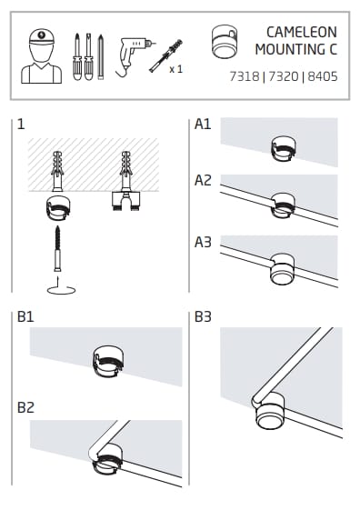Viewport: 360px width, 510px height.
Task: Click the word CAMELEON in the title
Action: pyautogui.click(x=302, y=32)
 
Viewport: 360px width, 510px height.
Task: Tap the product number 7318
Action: pyautogui.click(x=245, y=76)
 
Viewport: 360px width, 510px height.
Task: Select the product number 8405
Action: pyautogui.click(x=323, y=76)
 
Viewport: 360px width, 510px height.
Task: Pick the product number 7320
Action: pyautogui.click(x=284, y=76)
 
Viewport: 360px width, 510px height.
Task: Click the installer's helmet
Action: pyautogui.click(x=42, y=36)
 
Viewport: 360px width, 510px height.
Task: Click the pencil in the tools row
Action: pyautogui.click(x=101, y=56)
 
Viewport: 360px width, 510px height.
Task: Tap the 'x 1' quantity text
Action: pyautogui.click(x=176, y=69)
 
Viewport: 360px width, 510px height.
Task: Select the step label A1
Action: pyautogui.click(x=203, y=124)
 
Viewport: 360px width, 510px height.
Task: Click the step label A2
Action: pyautogui.click(x=203, y=180)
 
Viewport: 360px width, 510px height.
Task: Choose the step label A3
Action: pyautogui.click(x=203, y=242)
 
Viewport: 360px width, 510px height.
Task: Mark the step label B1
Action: pyautogui.click(x=25, y=316)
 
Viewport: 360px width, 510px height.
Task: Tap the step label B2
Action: pyautogui.click(x=25, y=407)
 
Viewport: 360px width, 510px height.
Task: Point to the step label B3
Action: pyautogui.click(x=203, y=316)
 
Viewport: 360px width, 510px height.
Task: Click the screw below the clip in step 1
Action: pyautogui.click(x=58, y=248)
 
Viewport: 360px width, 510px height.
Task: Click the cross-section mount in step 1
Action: pyautogui.click(x=125, y=200)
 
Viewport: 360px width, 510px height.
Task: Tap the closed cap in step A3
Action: pyautogui.click(x=283, y=269)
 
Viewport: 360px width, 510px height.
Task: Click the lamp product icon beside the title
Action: pyautogui.click(x=224, y=42)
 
